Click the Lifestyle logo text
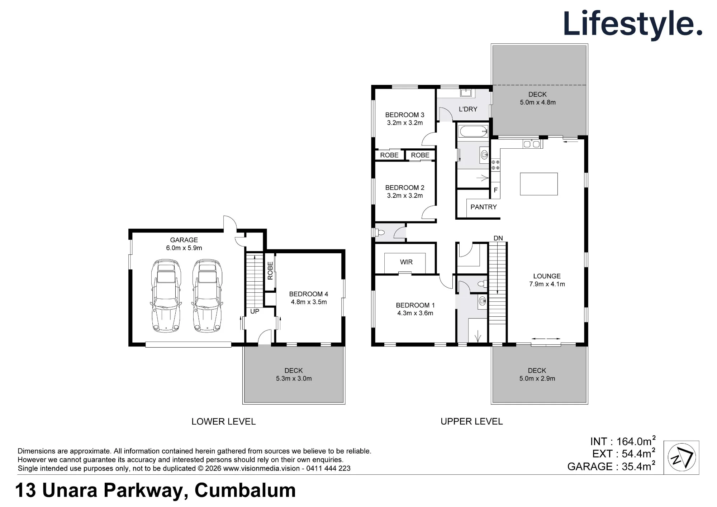633,24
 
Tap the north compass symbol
682,458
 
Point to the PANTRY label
484,207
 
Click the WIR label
406,262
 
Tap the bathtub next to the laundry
473,131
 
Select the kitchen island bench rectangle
539,184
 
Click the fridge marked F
495,190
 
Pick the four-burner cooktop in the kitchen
495,165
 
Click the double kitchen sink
532,144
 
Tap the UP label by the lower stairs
255,311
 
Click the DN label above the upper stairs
498,238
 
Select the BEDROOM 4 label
309,294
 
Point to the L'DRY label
468,109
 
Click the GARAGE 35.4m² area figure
611,466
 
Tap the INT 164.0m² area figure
623,441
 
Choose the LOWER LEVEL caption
223,422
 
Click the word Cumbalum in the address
245,491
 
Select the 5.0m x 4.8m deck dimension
538,102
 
